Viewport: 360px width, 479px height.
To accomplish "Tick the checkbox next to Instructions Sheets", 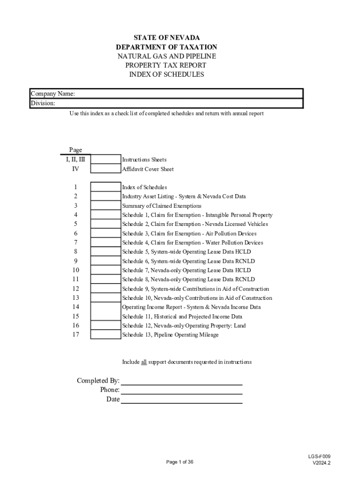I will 105,160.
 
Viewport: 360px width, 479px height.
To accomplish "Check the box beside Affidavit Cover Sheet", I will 105,169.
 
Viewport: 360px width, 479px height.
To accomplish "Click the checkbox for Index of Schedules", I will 105,187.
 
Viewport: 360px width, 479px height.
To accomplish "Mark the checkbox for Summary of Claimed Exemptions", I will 105,205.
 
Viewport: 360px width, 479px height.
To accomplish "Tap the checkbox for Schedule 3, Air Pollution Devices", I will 105,233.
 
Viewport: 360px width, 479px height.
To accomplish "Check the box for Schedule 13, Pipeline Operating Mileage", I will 105,334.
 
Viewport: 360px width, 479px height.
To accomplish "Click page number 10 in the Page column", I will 75,270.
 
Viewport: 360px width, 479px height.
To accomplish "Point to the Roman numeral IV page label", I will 75,169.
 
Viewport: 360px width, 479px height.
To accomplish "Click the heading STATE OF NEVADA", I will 166,38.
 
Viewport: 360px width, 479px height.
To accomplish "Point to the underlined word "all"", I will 144,362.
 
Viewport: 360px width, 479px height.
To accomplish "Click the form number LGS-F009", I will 322,457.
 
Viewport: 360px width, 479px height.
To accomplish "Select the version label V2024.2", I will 322,463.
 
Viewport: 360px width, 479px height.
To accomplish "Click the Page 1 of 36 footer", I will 180,462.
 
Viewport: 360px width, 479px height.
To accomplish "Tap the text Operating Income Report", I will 153,307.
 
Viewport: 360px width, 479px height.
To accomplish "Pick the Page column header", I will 75,150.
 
